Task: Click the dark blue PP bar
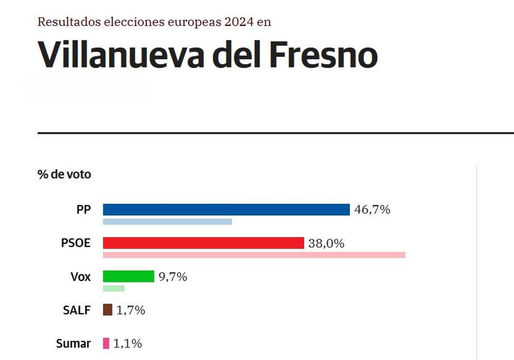226,210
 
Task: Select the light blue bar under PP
167,222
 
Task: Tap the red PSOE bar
203,243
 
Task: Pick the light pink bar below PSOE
254,255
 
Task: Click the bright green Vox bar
128,276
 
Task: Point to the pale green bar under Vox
114,288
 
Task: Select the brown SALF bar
108,309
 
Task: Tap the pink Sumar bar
106,343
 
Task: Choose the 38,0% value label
326,243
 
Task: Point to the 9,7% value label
173,277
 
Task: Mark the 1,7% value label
131,310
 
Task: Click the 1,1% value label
128,343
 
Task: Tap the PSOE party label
76,243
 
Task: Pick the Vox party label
81,277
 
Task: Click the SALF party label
77,310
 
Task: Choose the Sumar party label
73,343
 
